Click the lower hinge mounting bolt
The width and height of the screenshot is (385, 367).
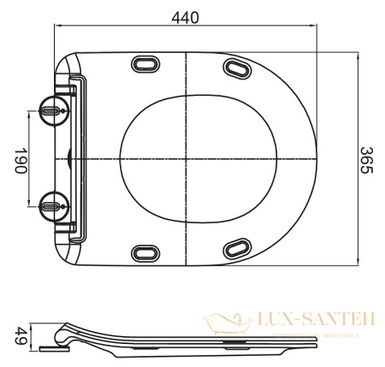tap(51, 203)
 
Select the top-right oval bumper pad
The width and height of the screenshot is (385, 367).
tap(237, 67)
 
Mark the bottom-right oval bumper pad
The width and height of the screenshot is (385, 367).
tap(237, 249)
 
